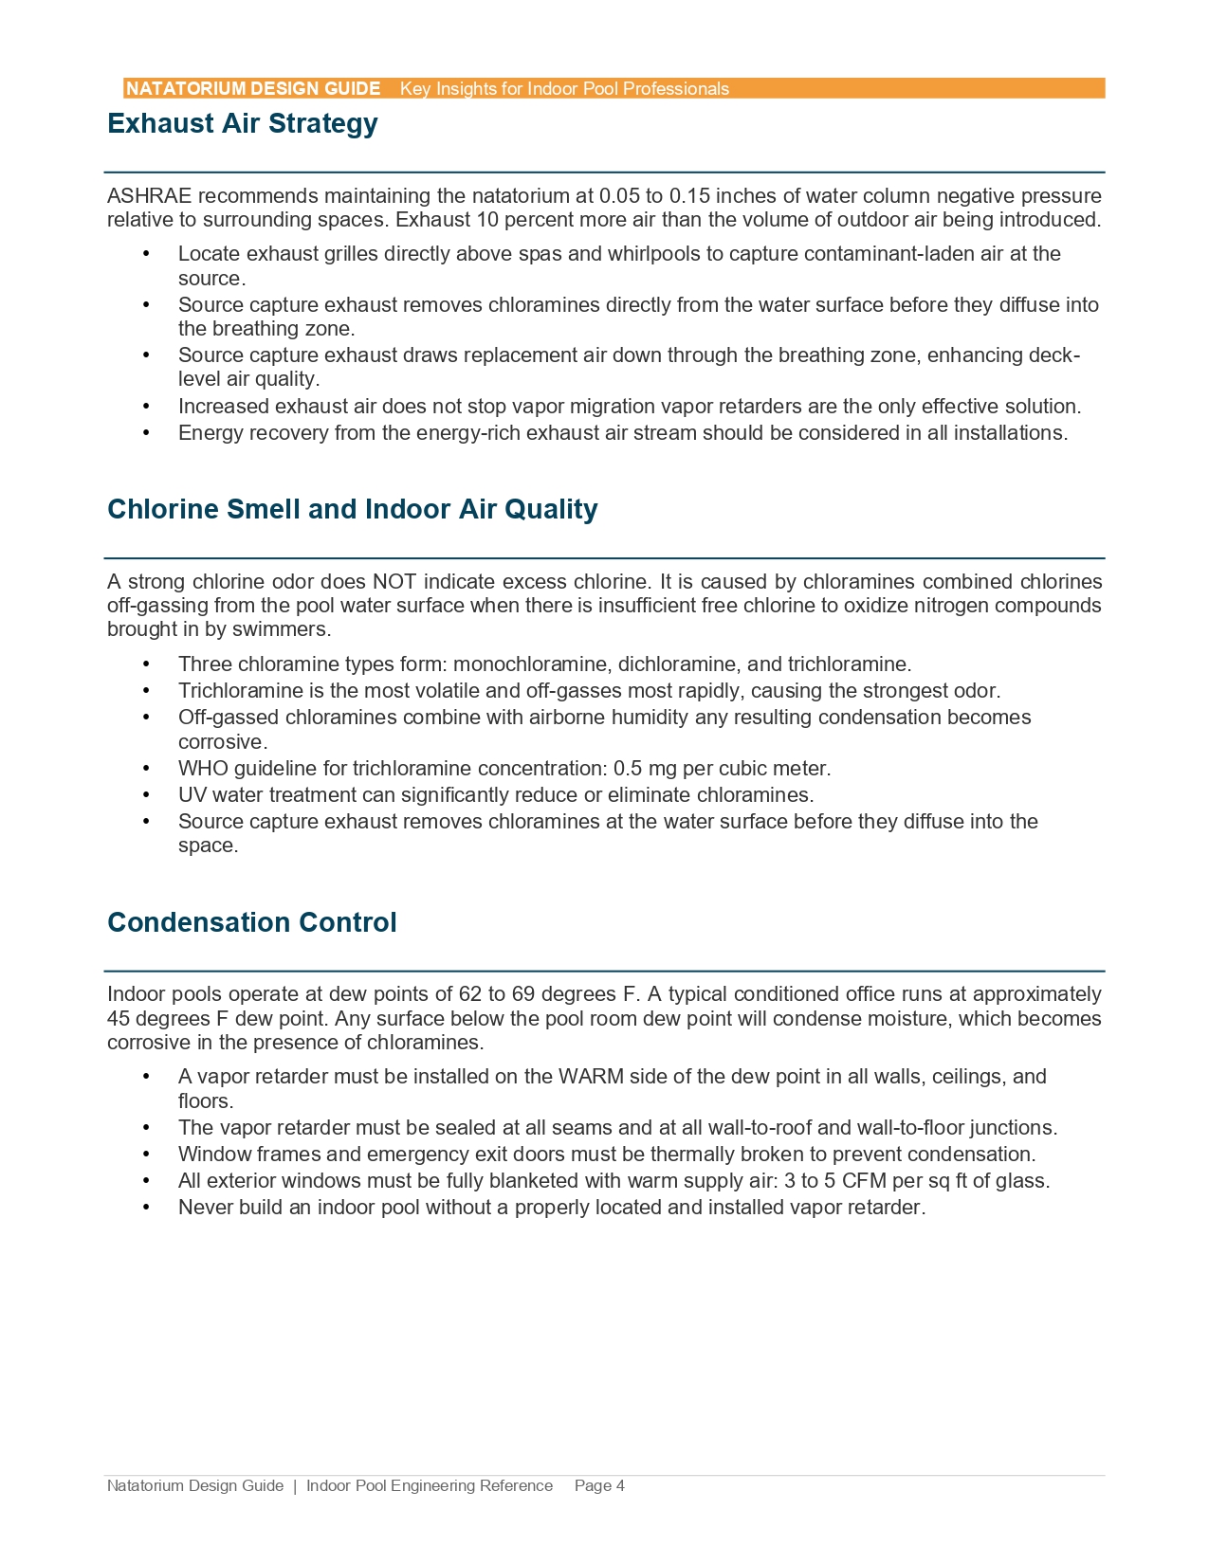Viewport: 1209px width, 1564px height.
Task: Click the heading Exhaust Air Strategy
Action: [x=242, y=123]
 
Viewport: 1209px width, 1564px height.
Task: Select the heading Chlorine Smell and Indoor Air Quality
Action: [x=352, y=509]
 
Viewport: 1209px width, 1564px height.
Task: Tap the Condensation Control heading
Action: [x=251, y=922]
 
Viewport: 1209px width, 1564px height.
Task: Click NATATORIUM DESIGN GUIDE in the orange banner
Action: [x=253, y=89]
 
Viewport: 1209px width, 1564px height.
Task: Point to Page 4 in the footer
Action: [x=599, y=1485]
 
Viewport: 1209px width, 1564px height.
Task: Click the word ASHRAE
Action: [x=149, y=196]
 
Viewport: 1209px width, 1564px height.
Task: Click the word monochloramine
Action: [x=518, y=664]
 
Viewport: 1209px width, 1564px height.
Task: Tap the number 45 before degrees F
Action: [x=119, y=1019]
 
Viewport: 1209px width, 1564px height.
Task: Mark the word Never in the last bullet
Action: [x=205, y=1208]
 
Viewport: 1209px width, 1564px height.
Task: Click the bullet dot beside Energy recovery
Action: [x=146, y=433]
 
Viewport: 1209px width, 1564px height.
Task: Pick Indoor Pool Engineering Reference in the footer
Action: [x=429, y=1485]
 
